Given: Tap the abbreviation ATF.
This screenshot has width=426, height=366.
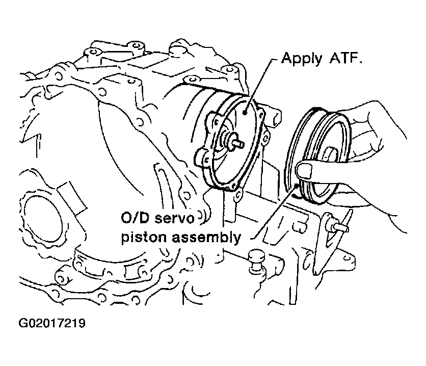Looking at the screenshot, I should click(349, 60).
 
